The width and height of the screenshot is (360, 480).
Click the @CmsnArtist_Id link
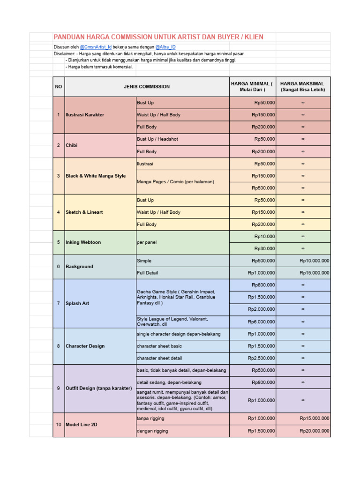tap(96, 47)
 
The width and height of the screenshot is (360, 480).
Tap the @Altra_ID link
tap(165, 47)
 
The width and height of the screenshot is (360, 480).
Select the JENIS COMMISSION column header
tap(147, 87)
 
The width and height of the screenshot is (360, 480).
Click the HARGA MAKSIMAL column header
tap(302, 87)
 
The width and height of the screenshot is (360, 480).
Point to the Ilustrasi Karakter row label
tap(85, 115)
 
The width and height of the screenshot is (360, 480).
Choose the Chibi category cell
tap(72, 145)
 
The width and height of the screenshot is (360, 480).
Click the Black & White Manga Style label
tap(96, 176)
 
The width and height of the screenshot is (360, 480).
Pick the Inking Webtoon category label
tap(83, 242)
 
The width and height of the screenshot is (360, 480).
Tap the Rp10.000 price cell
tap(264, 237)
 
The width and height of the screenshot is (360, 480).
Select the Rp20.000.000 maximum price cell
tap(315, 431)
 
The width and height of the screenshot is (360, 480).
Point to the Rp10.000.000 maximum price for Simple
tap(315, 261)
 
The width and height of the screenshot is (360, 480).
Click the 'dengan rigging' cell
tap(152, 431)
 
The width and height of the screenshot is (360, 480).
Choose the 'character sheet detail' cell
tap(159, 358)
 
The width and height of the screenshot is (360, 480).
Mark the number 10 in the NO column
tap(59, 425)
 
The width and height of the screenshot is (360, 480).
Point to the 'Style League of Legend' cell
tap(172, 322)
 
